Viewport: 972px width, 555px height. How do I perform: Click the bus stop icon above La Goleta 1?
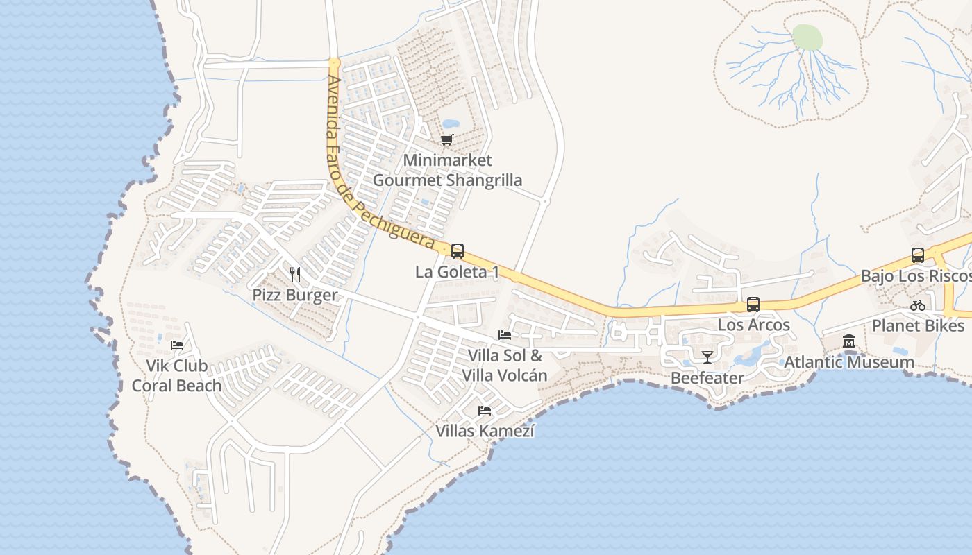pyautogui.click(x=458, y=251)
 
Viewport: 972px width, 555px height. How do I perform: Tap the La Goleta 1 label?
pyautogui.click(x=457, y=272)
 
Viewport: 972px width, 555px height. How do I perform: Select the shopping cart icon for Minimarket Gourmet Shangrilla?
pyautogui.click(x=447, y=140)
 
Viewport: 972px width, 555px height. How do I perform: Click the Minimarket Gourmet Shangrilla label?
pyautogui.click(x=448, y=170)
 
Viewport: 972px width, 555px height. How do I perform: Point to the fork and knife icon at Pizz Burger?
pyautogui.click(x=295, y=274)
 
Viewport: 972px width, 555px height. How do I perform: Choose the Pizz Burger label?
pyautogui.click(x=295, y=295)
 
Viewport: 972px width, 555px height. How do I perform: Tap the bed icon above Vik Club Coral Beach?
pyautogui.click(x=177, y=345)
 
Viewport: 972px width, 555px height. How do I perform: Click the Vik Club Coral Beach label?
pyautogui.click(x=177, y=375)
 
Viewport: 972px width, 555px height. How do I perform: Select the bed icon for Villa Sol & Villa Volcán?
pyautogui.click(x=505, y=335)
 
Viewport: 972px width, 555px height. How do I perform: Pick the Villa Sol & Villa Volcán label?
pyautogui.click(x=505, y=366)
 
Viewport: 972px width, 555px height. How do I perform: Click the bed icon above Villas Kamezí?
pyautogui.click(x=485, y=411)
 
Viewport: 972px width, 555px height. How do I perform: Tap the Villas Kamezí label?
pyautogui.click(x=485, y=431)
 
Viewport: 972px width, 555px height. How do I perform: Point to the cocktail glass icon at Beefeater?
pyautogui.click(x=707, y=357)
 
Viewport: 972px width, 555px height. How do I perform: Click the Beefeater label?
pyautogui.click(x=707, y=378)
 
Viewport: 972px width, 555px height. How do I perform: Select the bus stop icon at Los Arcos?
pyautogui.click(x=753, y=305)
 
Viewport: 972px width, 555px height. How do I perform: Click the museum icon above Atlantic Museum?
pyautogui.click(x=848, y=341)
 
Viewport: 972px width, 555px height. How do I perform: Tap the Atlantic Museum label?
pyautogui.click(x=848, y=362)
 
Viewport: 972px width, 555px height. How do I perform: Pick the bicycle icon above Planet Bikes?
pyautogui.click(x=918, y=305)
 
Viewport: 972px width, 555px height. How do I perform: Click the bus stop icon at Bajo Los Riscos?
pyautogui.click(x=918, y=255)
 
